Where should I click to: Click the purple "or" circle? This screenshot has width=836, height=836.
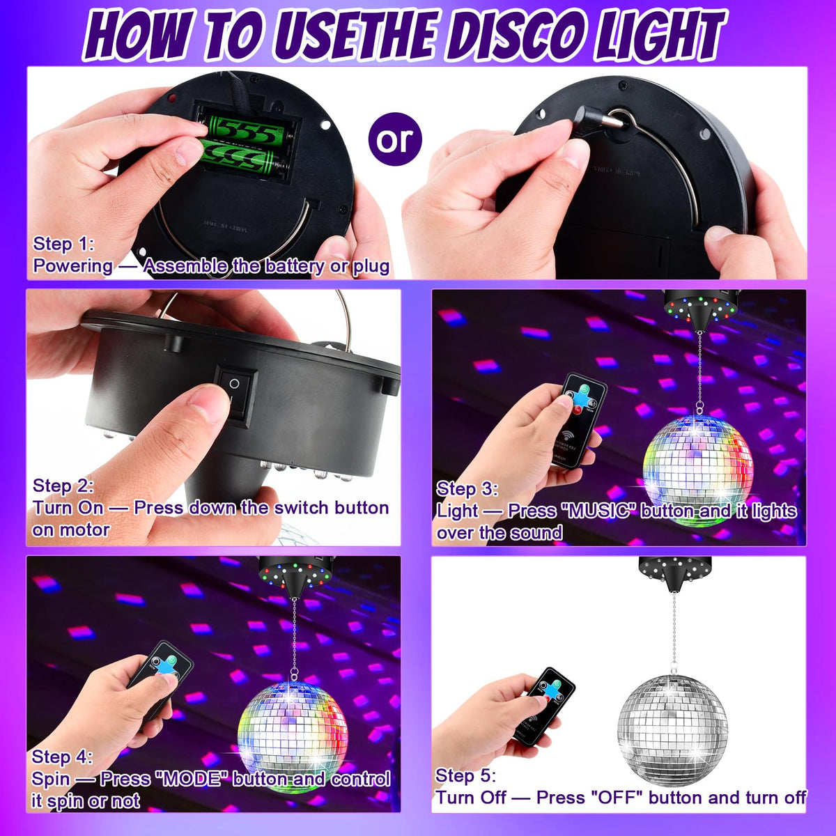point(395,139)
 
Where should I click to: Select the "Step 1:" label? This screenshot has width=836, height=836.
point(63,245)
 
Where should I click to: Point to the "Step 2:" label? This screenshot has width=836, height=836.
point(63,486)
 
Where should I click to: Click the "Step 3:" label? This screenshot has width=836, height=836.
point(467,489)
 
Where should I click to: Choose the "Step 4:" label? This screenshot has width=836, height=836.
point(62,757)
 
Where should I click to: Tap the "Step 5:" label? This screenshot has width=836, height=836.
point(465,775)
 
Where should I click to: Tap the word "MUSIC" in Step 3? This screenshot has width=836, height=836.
point(598,511)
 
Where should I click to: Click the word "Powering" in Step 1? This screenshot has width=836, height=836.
point(73,266)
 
